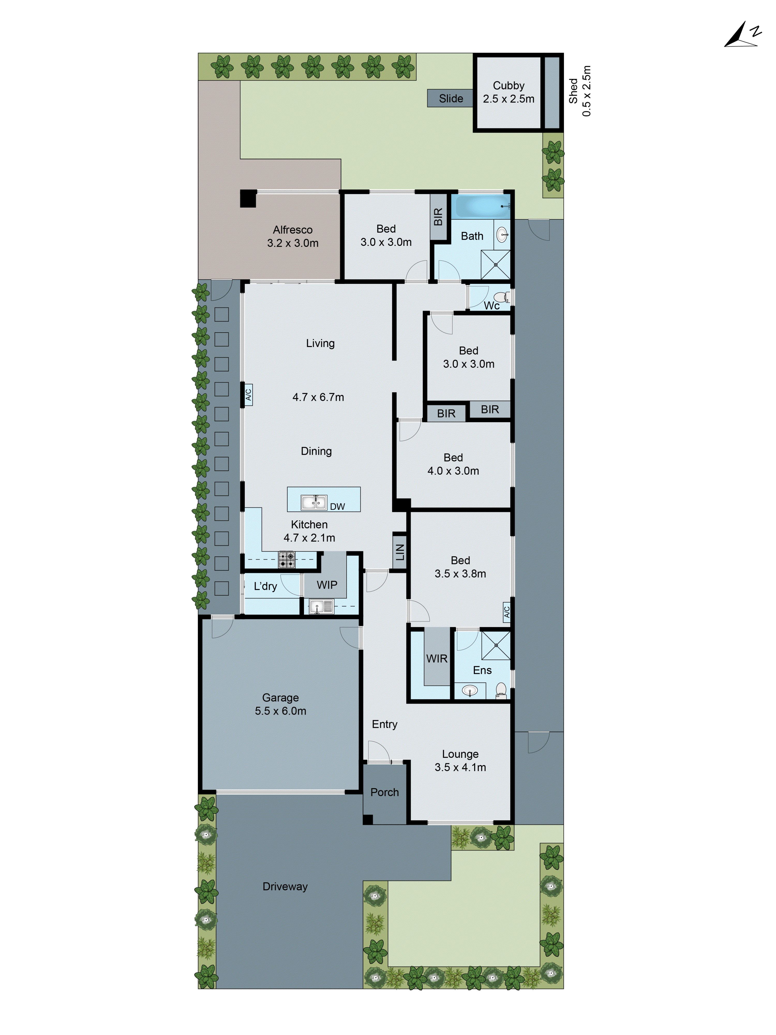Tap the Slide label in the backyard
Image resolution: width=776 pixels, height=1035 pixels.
tap(450, 98)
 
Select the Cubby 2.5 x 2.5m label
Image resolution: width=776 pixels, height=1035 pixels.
tap(509, 92)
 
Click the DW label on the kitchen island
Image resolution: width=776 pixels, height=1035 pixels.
tap(337, 506)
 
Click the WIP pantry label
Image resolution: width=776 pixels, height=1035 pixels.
tap(326, 585)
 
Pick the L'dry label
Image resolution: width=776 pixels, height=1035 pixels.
tap(265, 586)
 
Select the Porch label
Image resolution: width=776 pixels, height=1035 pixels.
tap(384, 792)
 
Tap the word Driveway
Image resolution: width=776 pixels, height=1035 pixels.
tap(285, 886)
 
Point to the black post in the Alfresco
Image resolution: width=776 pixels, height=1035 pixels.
tap(248, 198)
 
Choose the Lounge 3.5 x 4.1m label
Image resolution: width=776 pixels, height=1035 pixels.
tap(460, 760)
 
